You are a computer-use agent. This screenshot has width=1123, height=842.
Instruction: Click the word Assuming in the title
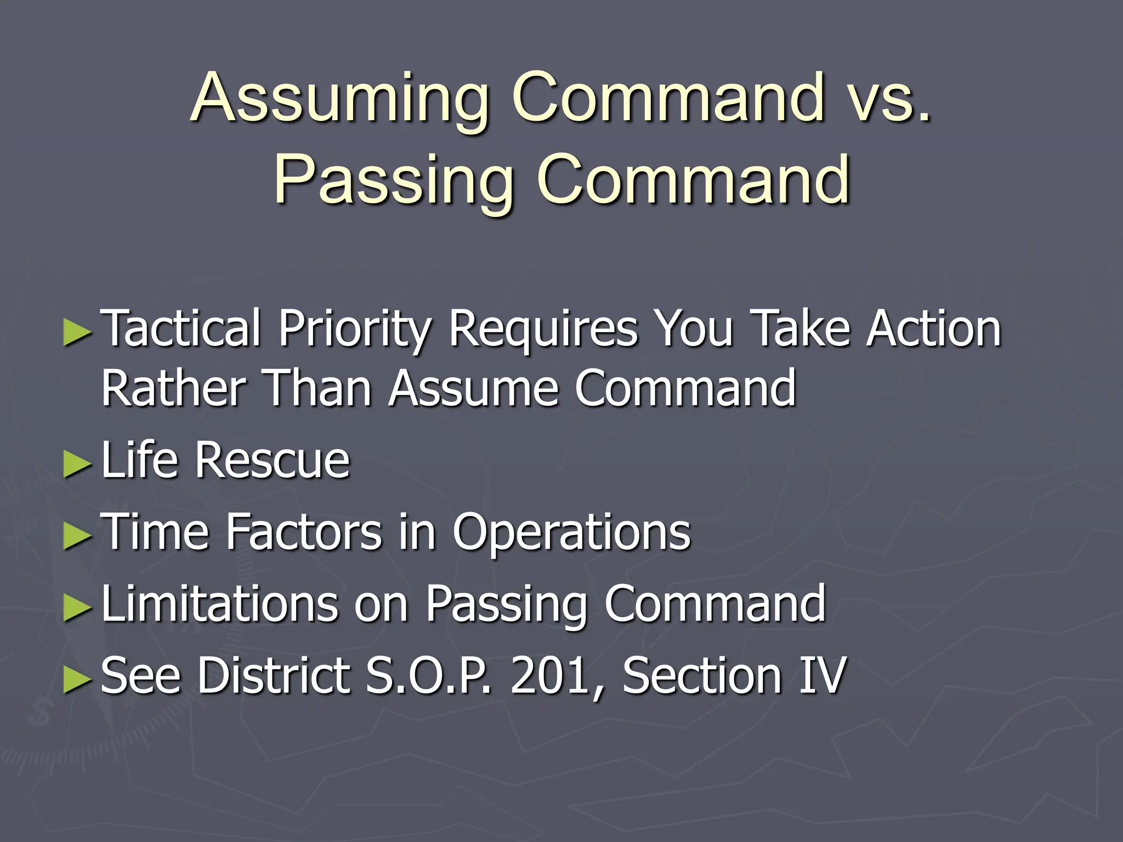point(340,99)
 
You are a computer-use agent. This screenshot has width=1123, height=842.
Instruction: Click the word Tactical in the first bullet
point(181,328)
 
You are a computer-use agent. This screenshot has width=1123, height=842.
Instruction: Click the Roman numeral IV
point(823,675)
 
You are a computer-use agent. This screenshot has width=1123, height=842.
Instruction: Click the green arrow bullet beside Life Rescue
point(76,464)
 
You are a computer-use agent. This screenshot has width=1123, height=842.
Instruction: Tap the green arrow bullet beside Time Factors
point(76,535)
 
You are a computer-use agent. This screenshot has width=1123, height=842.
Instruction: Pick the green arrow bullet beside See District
point(76,679)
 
